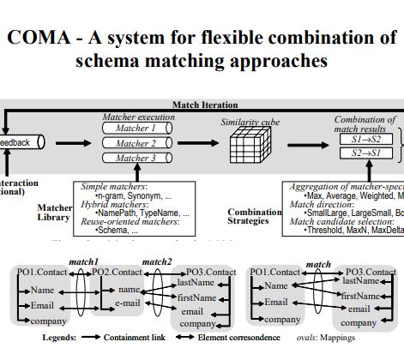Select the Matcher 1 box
pyautogui.click(x=136, y=129)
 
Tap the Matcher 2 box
pyautogui.click(x=136, y=143)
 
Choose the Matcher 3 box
pyautogui.click(x=136, y=158)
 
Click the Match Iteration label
pyautogui.click(x=205, y=105)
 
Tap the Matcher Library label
pyautogui.click(x=53, y=213)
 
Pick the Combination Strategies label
pyautogui.click(x=254, y=217)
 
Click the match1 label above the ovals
pyautogui.click(x=84, y=261)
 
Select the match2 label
pyautogui.click(x=156, y=261)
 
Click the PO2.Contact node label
pyautogui.click(x=117, y=272)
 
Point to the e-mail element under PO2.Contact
pyautogui.click(x=128, y=303)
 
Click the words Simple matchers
pyautogui.click(x=113, y=186)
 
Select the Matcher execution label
pyautogui.click(x=138, y=116)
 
